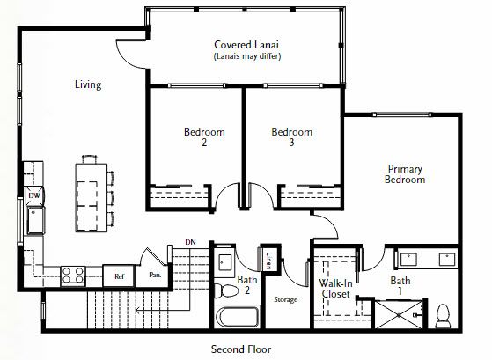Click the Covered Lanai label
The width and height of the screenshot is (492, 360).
coord(246,45)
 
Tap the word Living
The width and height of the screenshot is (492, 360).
coord(88,84)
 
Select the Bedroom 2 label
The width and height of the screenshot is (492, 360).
coord(204,136)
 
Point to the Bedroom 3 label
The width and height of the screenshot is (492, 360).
coord(292,136)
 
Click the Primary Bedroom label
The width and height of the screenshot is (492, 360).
coord(405,174)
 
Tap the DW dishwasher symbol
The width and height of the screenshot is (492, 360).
coord(34,196)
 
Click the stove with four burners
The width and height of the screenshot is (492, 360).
coord(73,276)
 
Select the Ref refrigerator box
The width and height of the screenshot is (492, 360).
coord(119,276)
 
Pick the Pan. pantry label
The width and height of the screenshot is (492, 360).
coord(155,275)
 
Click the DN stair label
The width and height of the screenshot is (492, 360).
coord(190,242)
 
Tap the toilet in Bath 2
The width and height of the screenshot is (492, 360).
coord(226,290)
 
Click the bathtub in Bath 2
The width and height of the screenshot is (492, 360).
coord(237,317)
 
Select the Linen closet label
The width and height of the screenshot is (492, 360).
coord(269,261)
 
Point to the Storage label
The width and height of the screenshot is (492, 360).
coord(285,299)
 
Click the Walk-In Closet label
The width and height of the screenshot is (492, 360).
coord(335,289)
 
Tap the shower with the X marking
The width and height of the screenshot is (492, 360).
coord(399,315)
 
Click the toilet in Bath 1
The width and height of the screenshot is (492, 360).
coord(444,316)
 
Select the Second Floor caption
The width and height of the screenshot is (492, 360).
coord(241,349)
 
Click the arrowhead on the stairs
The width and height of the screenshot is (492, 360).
coord(138,311)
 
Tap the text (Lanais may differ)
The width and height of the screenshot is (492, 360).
coord(247,56)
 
